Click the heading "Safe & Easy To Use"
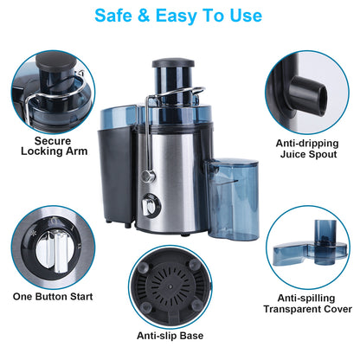[x=180, y=15]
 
